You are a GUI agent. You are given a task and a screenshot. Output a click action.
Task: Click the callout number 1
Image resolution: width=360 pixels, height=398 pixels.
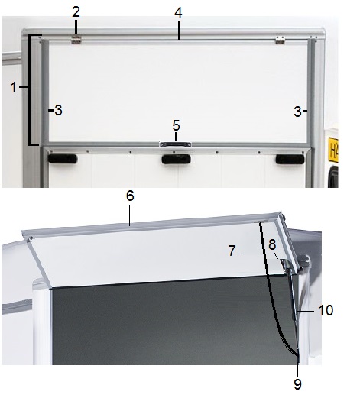pos(14,87)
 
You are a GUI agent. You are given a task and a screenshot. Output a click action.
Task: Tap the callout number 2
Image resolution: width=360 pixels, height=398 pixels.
pos(76,11)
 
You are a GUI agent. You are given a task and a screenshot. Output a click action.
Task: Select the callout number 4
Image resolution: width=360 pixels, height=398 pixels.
pos(178,12)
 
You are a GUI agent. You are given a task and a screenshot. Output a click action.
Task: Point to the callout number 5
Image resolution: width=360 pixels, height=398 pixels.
pos(176,126)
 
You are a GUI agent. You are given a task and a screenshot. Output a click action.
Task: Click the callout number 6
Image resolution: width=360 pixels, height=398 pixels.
pos(130,196)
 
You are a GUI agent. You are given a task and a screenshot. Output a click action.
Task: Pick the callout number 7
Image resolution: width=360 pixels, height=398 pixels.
pos(232,251)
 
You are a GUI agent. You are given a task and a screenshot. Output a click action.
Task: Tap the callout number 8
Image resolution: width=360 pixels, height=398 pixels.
pos(272,244)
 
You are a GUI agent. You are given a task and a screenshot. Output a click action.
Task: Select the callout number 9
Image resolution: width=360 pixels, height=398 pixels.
pos(297,384)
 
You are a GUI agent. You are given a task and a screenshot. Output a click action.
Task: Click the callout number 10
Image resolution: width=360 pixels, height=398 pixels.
pos(326,310)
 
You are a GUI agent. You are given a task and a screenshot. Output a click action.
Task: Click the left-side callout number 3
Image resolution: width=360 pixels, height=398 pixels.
pos(58,111)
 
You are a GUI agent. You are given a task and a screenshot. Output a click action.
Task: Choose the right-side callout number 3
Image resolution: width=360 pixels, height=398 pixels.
pos(297,112)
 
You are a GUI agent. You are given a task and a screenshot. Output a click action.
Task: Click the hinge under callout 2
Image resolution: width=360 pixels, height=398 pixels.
pos(76,40)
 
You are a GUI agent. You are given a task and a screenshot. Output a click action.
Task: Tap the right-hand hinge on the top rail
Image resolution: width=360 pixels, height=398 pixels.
pos(280,40)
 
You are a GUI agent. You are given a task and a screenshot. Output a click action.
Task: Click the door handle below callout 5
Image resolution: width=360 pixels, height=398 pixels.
pos(175,145)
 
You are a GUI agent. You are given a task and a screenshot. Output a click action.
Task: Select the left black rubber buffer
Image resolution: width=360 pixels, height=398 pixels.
pos(63,159)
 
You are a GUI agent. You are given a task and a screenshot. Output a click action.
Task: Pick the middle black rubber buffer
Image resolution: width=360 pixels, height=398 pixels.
pos(177,159)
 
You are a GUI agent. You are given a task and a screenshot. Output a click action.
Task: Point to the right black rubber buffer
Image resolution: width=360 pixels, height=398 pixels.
pos(290,160)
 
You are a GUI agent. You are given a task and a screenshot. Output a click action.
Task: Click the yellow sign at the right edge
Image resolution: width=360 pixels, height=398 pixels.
pos(333,150)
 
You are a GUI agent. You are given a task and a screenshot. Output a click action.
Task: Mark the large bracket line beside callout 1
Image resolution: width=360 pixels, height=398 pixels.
pos(30,89)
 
